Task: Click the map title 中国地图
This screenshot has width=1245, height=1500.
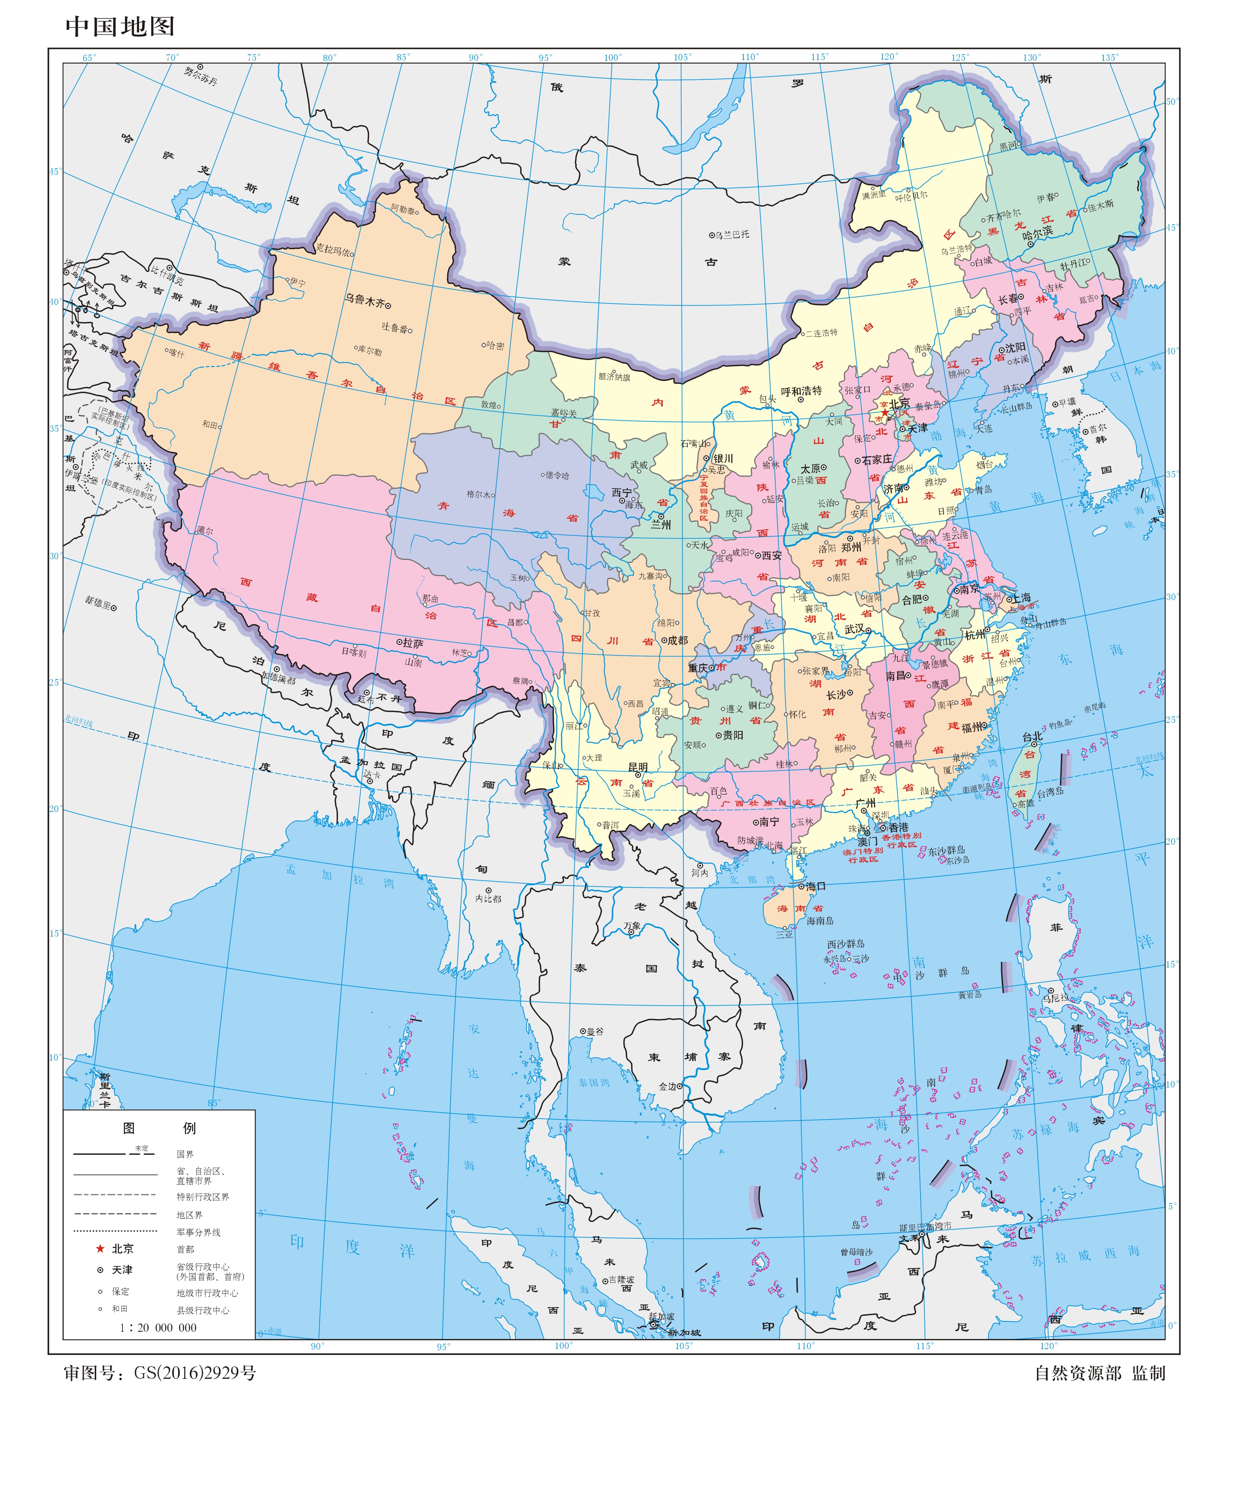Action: click(120, 26)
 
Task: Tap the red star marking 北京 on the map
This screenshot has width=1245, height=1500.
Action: click(884, 413)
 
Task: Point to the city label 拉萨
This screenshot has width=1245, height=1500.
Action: click(413, 643)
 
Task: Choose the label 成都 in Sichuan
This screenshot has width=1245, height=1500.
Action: click(677, 640)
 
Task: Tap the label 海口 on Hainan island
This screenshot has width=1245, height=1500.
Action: click(816, 887)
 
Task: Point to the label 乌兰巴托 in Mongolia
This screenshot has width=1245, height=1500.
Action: click(732, 234)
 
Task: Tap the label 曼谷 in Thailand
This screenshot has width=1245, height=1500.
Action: click(595, 1031)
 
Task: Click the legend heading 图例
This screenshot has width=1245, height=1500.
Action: click(159, 1128)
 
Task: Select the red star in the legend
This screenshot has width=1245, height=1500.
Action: click(100, 1249)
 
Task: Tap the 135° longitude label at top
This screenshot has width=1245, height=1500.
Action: click(1109, 57)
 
